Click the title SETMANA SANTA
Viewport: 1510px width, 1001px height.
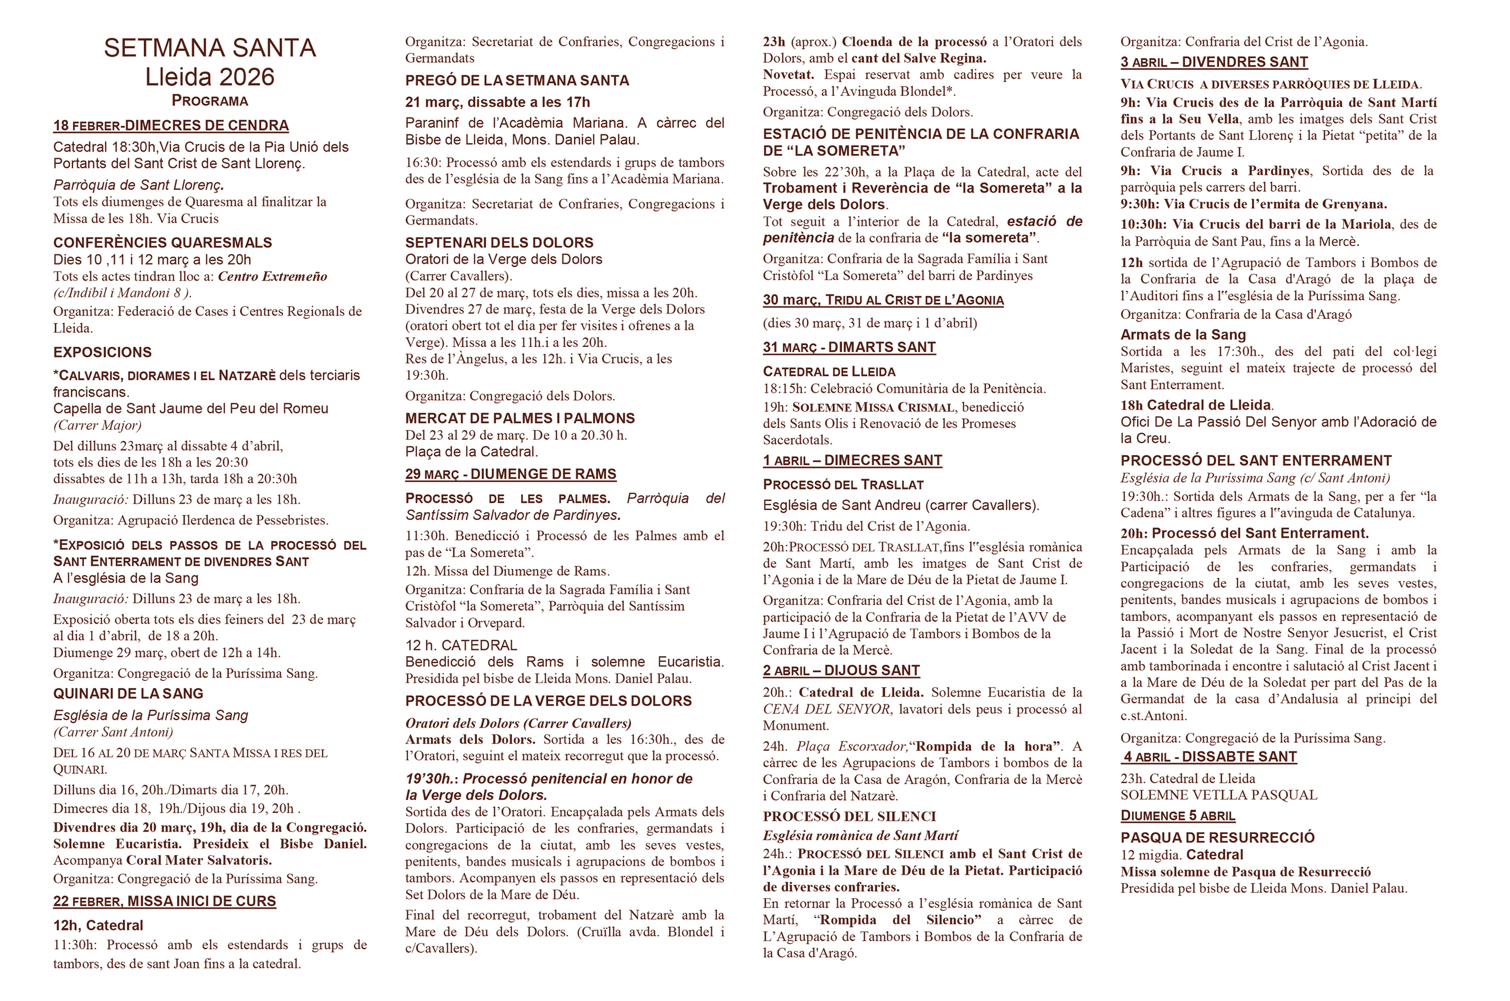click(x=209, y=48)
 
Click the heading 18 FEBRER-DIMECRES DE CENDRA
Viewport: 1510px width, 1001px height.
click(x=171, y=125)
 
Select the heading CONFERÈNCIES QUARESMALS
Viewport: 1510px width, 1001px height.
click(x=162, y=242)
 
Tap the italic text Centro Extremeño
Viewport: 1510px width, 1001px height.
click(x=273, y=276)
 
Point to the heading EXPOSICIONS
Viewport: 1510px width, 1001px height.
click(x=102, y=353)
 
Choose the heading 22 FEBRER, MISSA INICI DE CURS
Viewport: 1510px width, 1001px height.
click(x=164, y=901)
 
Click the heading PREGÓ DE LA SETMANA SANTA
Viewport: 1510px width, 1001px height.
click(x=516, y=80)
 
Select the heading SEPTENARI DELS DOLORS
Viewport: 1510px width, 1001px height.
click(x=498, y=242)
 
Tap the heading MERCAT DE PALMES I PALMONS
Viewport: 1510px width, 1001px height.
click(x=520, y=418)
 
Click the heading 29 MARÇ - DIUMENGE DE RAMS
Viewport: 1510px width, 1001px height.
click(x=510, y=474)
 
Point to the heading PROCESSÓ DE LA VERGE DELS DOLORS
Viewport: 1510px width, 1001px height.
click(x=548, y=701)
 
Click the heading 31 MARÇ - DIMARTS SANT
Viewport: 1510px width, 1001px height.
click(x=848, y=347)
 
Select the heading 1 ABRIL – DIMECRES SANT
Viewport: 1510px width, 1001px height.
click(x=852, y=460)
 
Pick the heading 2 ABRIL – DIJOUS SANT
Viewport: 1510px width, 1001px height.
click(x=841, y=670)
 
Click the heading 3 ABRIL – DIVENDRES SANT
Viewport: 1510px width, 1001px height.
click(x=1214, y=62)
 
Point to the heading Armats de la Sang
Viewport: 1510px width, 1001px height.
click(x=1183, y=335)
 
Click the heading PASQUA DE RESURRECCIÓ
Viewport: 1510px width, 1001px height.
click(x=1217, y=837)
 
